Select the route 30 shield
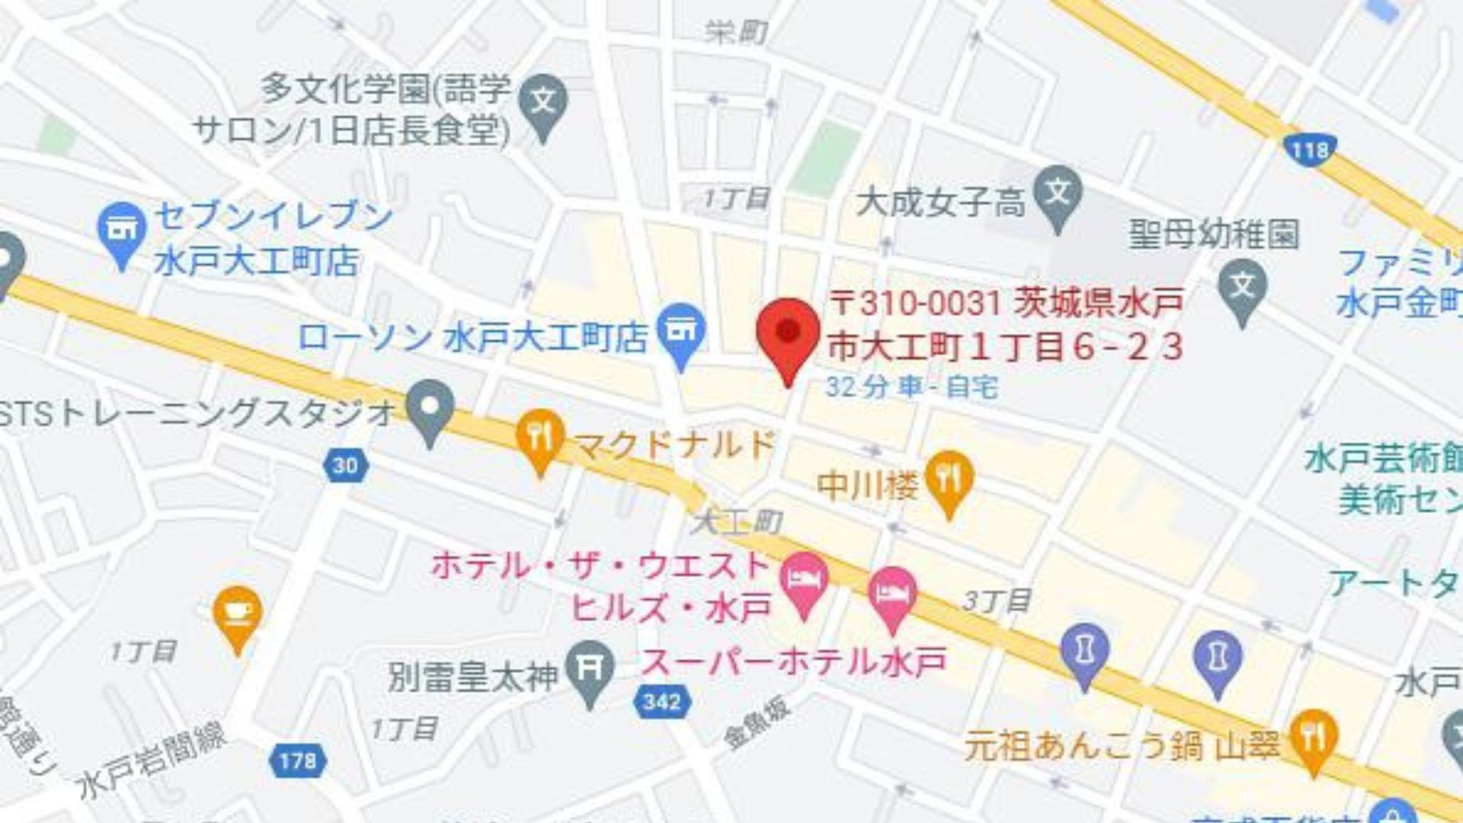point(345,464)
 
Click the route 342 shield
point(661,701)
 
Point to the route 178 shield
point(296,760)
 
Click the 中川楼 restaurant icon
point(949,478)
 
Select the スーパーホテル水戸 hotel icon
point(893,594)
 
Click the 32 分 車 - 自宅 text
point(911,387)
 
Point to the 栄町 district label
point(735,32)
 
